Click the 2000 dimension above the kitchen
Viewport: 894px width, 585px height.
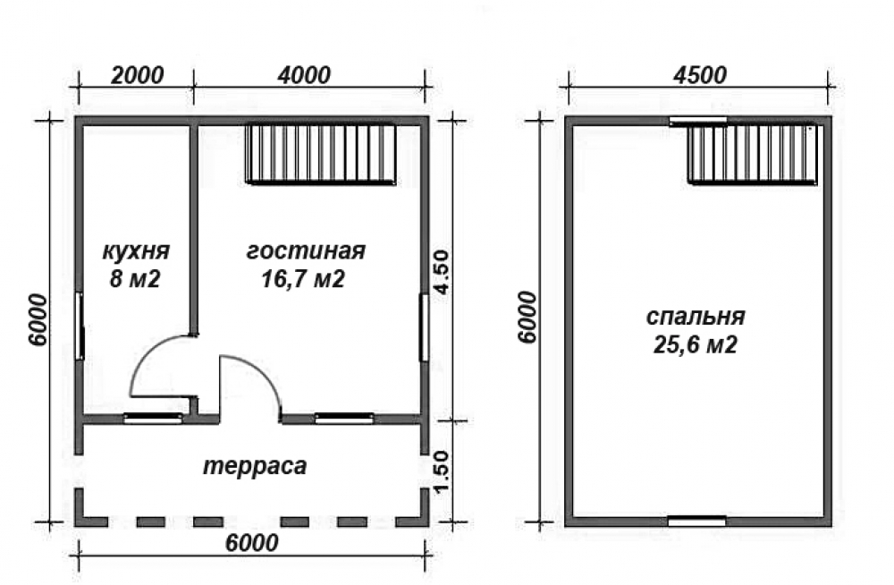click(137, 75)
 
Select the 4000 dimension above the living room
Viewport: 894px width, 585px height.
click(304, 75)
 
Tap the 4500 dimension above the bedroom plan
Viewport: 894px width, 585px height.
click(700, 75)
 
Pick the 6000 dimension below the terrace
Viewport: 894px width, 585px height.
click(252, 543)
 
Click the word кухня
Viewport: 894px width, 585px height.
click(136, 251)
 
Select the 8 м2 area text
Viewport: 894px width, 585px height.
click(135, 279)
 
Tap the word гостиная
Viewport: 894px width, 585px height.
click(306, 251)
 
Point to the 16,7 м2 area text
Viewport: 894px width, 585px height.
click(303, 279)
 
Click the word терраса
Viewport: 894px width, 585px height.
click(255, 466)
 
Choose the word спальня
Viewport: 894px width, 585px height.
click(696, 316)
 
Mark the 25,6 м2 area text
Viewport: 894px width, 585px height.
click(695, 344)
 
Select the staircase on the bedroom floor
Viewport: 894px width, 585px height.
click(753, 154)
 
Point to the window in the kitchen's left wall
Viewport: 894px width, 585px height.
click(80, 326)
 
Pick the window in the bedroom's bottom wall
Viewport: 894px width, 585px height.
click(696, 521)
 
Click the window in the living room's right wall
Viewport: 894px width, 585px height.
click(424, 327)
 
